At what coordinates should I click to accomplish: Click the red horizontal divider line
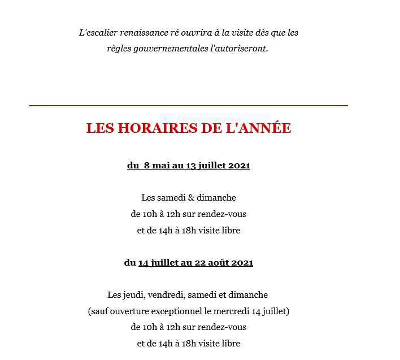pos(188,106)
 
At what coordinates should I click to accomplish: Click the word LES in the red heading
pos(101,128)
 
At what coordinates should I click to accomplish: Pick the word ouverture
pos(131,311)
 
